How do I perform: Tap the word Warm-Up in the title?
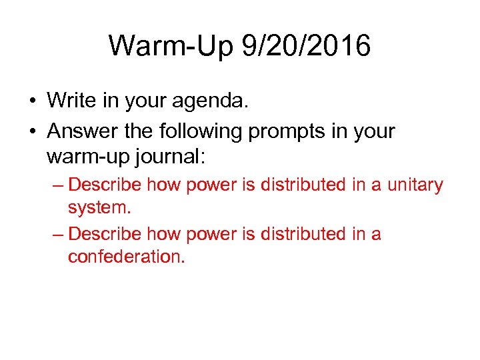(x=171, y=46)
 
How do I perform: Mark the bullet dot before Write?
(x=32, y=101)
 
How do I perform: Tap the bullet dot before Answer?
(x=32, y=132)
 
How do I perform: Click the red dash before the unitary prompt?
(x=57, y=185)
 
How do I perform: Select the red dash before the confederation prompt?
(x=57, y=235)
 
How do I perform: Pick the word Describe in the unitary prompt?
(x=105, y=185)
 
